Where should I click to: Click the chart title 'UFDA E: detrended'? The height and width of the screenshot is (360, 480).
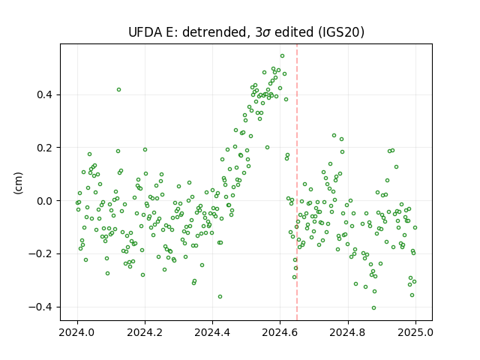tap(187, 32)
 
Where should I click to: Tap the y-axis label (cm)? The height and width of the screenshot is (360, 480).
tap(19, 183)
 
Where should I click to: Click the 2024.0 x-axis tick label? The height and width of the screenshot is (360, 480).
tap(77, 332)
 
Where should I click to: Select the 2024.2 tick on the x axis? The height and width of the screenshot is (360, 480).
tap(145, 332)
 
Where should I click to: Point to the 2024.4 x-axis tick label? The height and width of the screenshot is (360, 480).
tap(212, 332)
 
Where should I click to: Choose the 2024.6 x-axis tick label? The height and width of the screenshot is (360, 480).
tap(280, 332)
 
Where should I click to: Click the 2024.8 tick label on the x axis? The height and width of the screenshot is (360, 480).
tap(347, 332)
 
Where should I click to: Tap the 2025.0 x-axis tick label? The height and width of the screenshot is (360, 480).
tap(415, 332)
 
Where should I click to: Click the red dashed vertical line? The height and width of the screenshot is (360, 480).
tap(297, 182)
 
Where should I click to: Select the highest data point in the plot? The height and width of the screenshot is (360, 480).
tap(282, 56)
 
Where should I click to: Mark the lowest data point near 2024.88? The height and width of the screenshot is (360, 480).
tap(373, 308)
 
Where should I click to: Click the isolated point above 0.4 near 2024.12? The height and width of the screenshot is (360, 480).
tap(118, 90)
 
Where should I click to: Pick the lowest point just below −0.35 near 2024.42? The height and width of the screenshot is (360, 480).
tap(220, 297)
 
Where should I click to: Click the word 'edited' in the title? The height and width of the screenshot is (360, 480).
tap(294, 32)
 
